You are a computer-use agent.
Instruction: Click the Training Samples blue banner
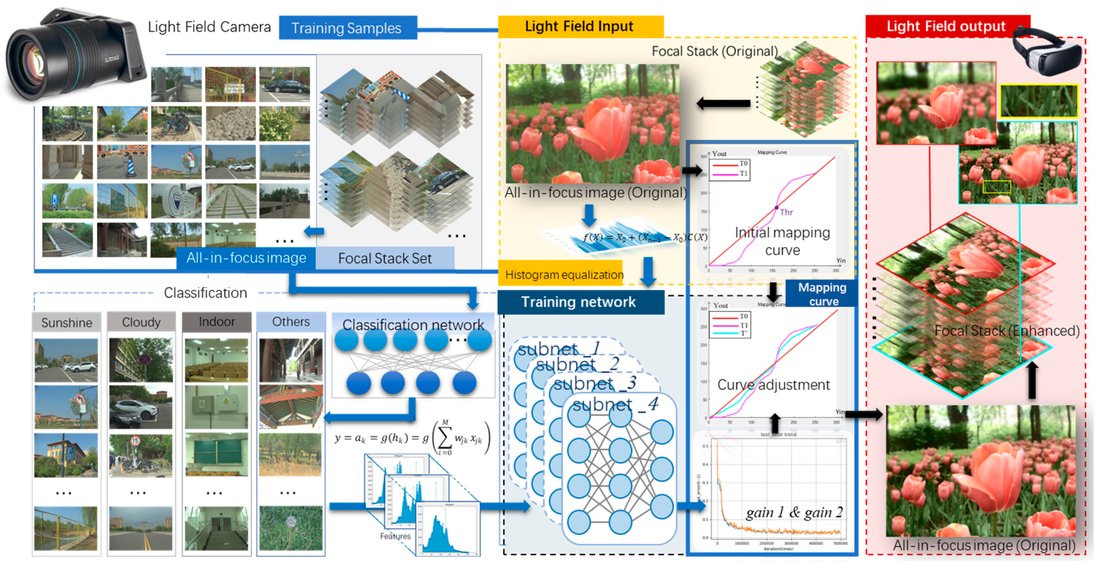(x=347, y=28)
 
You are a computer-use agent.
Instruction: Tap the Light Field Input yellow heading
(x=579, y=27)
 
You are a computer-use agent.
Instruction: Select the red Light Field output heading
(x=946, y=27)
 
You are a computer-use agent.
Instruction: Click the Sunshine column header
(x=67, y=323)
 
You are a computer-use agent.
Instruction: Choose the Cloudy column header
(x=141, y=322)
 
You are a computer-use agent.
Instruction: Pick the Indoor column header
(x=217, y=321)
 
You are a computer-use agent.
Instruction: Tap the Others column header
(x=291, y=321)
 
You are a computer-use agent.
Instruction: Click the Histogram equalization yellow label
(x=564, y=275)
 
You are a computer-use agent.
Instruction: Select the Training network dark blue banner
(x=579, y=302)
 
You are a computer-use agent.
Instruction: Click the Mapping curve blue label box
(x=822, y=294)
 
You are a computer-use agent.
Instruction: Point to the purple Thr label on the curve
(x=786, y=212)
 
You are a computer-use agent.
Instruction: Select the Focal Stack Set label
(x=384, y=258)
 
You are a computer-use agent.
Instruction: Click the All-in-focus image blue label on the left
(x=246, y=258)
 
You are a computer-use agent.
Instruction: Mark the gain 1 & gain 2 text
(x=794, y=512)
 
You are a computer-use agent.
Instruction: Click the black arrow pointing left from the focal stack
(x=723, y=103)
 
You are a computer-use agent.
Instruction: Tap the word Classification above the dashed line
(x=205, y=293)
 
